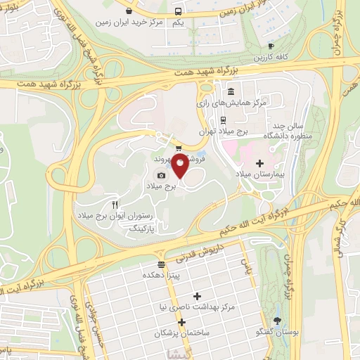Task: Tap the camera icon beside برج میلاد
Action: coord(162,175)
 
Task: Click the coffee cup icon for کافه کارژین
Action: coord(272,45)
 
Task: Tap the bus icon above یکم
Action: coord(179,11)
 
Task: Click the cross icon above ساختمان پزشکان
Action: coord(182,322)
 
